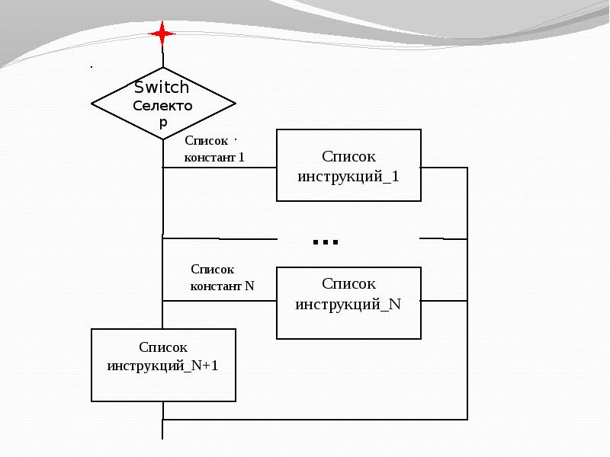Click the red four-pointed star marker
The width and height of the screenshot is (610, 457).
click(162, 34)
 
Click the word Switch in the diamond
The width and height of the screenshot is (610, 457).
click(162, 87)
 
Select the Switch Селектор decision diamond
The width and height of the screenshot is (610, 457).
click(163, 103)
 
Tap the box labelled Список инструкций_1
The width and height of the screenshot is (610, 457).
click(348, 165)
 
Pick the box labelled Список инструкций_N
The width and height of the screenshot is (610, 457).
click(348, 302)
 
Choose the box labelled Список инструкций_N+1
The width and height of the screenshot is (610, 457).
click(163, 365)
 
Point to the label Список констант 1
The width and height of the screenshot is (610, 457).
click(213, 149)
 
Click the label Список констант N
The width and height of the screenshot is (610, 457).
click(221, 278)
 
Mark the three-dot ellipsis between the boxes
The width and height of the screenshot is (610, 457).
click(326, 242)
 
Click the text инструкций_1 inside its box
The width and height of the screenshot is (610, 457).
click(348, 176)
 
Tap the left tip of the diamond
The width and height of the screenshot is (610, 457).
click(92, 103)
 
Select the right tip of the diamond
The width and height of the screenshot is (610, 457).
click(235, 103)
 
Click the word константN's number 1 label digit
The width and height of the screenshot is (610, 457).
click(241, 158)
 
